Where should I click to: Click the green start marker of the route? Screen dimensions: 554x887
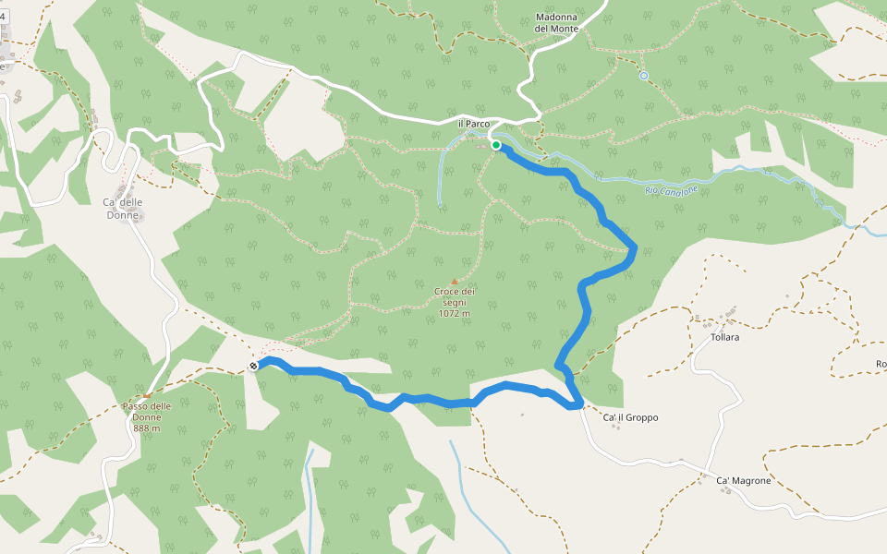pyautogui.click(x=496, y=145)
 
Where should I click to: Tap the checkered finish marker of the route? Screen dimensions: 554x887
pyautogui.click(x=252, y=367)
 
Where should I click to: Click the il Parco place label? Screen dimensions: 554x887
pyautogui.click(x=473, y=124)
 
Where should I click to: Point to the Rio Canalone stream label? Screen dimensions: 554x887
pyautogui.click(x=672, y=190)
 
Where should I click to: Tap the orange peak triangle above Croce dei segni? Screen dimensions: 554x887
pyautogui.click(x=454, y=282)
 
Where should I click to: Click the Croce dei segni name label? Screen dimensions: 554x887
pyautogui.click(x=454, y=296)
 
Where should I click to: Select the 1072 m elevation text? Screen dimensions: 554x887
pyautogui.click(x=454, y=313)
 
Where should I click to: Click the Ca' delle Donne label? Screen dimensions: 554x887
pyautogui.click(x=122, y=209)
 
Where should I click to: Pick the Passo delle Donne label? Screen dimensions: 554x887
pyautogui.click(x=146, y=411)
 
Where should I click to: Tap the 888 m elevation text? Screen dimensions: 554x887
pyautogui.click(x=146, y=428)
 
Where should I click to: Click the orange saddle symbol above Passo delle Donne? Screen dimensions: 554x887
pyautogui.click(x=146, y=396)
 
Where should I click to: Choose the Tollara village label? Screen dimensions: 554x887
pyautogui.click(x=724, y=337)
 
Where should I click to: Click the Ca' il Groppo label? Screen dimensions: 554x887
pyautogui.click(x=630, y=417)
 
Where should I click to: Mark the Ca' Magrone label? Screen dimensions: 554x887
pyautogui.click(x=744, y=480)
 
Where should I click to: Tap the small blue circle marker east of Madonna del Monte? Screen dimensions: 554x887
pyautogui.click(x=644, y=76)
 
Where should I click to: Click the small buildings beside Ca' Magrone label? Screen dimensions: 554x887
pyautogui.click(x=727, y=489)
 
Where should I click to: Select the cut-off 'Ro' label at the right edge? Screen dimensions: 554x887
pyautogui.click(x=881, y=364)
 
